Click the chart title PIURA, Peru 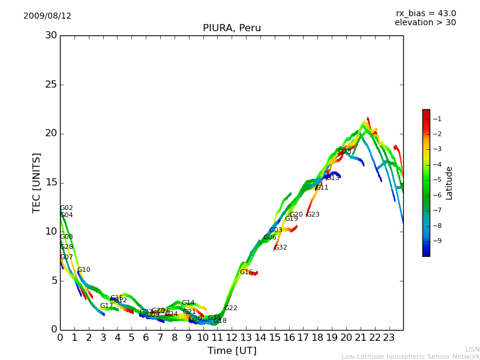232,28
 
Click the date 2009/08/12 47,16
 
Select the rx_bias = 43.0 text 425,14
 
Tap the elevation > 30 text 425,23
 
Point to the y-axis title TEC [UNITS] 37,182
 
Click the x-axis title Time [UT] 232,351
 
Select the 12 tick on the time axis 232,338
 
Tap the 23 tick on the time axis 389,338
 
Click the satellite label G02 67,208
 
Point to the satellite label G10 84,270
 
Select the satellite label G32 281,248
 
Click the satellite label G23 313,215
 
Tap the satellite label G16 247,272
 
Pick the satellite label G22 231,308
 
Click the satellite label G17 107,306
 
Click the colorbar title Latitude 449,182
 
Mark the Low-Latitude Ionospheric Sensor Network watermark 410,357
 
